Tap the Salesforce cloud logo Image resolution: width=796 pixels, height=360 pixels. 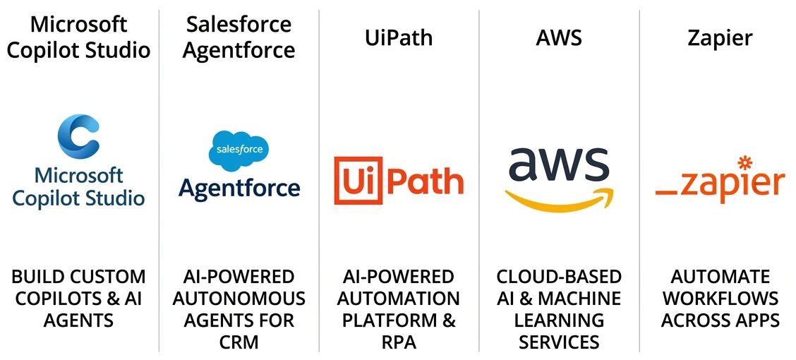click(x=239, y=148)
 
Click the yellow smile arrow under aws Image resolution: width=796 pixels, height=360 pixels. click(x=559, y=198)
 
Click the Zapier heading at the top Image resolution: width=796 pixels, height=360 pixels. click(x=720, y=39)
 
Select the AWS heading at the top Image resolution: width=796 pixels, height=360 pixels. click(x=558, y=38)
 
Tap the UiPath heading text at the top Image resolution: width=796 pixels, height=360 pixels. click(x=399, y=38)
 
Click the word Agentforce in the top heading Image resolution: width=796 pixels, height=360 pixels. click(x=239, y=51)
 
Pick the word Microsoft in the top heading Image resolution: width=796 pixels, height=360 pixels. click(x=78, y=24)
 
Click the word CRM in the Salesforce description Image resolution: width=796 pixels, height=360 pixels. click(x=239, y=342)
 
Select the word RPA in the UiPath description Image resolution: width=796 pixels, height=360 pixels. click(x=399, y=342)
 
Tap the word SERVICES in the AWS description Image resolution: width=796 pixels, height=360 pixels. click(x=558, y=342)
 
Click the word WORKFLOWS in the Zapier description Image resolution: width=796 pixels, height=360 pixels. click(x=720, y=299)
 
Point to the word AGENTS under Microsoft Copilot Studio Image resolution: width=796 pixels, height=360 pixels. click(x=78, y=320)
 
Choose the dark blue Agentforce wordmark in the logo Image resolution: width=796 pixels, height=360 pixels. click(x=239, y=188)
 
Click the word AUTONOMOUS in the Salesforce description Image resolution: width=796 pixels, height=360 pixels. click(x=239, y=299)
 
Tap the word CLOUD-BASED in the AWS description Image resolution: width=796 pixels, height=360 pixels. click(x=558, y=277)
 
